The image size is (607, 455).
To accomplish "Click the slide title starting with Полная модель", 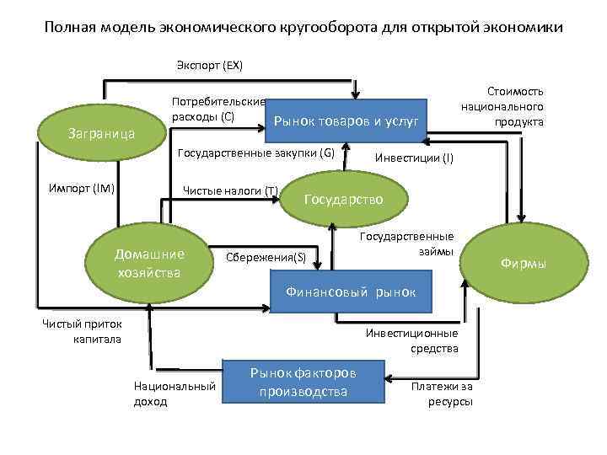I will (303, 27).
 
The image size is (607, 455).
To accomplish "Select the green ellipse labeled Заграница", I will (101, 133).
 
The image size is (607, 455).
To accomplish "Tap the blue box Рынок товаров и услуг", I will (346, 123).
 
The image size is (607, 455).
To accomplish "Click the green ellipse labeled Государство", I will (343, 200).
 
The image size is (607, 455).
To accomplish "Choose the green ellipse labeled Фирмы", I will (523, 264).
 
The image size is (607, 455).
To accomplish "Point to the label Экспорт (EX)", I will (209, 65).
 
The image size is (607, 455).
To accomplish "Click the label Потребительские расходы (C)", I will (218, 109).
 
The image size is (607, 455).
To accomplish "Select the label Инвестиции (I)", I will (413, 158).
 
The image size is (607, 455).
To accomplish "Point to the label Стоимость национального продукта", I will (502, 106).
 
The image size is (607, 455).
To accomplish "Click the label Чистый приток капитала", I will (83, 331).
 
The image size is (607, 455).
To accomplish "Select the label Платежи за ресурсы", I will (442, 393).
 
